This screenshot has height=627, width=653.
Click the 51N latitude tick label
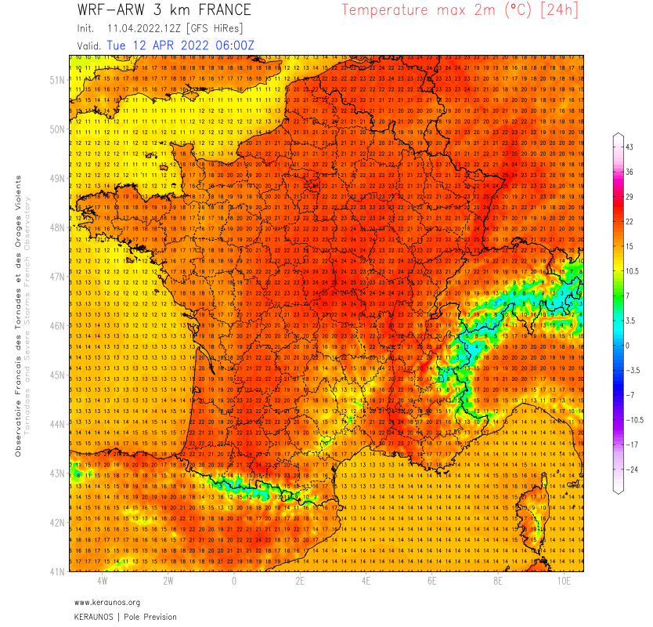click(x=56, y=80)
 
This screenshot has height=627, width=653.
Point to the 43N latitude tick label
click(x=56, y=473)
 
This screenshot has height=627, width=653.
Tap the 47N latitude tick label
click(x=56, y=277)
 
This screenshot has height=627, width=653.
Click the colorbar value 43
click(x=629, y=147)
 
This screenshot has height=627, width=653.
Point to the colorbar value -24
click(x=630, y=469)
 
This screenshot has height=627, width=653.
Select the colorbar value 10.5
click(x=631, y=270)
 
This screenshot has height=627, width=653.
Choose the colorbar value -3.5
click(x=630, y=370)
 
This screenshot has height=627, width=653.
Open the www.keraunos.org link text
click(x=107, y=602)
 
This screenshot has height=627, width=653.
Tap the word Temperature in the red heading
click(x=384, y=10)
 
